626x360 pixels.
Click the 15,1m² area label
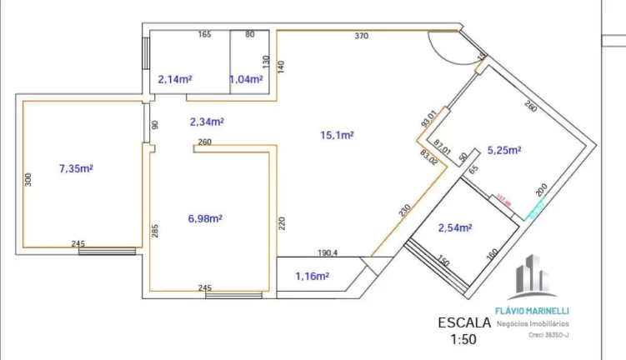pos(338,134)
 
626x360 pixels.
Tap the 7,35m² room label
pos(76,168)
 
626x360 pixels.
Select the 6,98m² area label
pos(205,218)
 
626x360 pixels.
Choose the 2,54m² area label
pos(455,227)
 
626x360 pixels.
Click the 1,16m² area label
pos(312,275)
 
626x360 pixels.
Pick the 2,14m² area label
pos(175,79)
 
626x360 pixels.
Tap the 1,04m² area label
pos(246,79)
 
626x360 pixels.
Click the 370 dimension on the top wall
pos(361,36)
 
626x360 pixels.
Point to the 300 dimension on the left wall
pos(27,178)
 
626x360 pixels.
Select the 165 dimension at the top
pos(203,34)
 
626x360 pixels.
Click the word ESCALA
pos(464,323)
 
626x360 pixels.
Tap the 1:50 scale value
pos(464,339)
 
